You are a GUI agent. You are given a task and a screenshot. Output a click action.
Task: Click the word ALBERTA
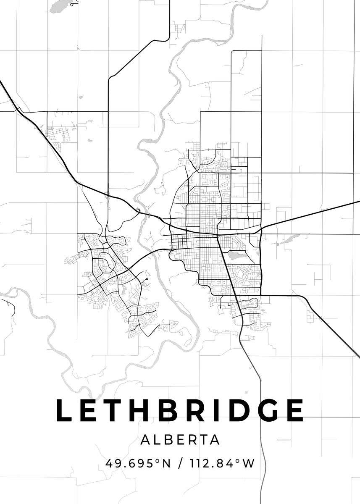click(x=180, y=440)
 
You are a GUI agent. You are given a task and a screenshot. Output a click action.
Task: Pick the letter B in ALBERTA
click(x=169, y=440)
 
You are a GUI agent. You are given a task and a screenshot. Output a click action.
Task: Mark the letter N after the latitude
click(x=166, y=464)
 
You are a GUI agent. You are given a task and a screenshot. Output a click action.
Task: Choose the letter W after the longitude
click(x=249, y=464)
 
